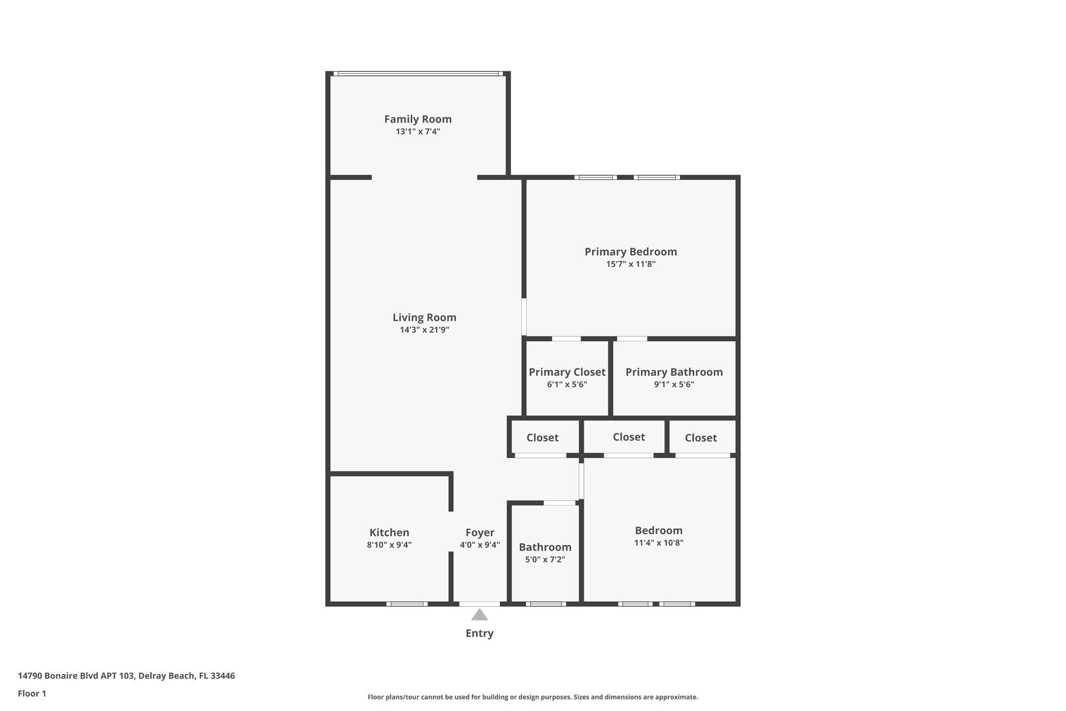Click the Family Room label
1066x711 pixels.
[x=417, y=119]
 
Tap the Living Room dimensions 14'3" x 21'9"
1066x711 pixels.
[x=424, y=330]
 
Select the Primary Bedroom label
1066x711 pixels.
[x=630, y=252]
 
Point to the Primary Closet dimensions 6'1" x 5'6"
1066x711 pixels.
[x=567, y=384]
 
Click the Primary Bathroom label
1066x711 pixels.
[x=674, y=372]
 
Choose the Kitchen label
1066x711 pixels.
[x=389, y=532]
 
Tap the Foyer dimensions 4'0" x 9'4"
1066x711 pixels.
[x=479, y=545]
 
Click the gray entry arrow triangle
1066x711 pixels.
[x=479, y=616]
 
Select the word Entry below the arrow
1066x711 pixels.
[x=479, y=633]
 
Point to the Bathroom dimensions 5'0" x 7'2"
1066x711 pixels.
[x=545, y=559]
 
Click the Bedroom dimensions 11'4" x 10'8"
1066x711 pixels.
[x=658, y=543]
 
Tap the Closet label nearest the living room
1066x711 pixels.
[x=542, y=438]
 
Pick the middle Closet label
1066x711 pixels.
[x=628, y=437]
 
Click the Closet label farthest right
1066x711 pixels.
[x=701, y=438]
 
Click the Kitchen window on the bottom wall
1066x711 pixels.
[x=407, y=604]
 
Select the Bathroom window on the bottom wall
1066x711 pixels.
[x=545, y=604]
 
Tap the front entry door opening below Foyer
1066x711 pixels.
[x=479, y=604]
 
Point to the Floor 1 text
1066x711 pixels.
[x=32, y=693]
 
